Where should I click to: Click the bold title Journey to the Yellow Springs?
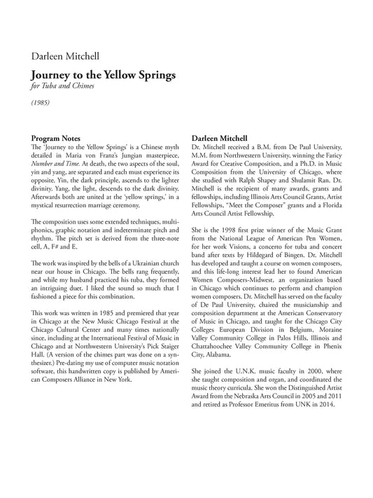point(104,74)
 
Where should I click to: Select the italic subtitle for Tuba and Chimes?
point(61,87)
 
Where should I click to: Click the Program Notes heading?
point(56,138)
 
